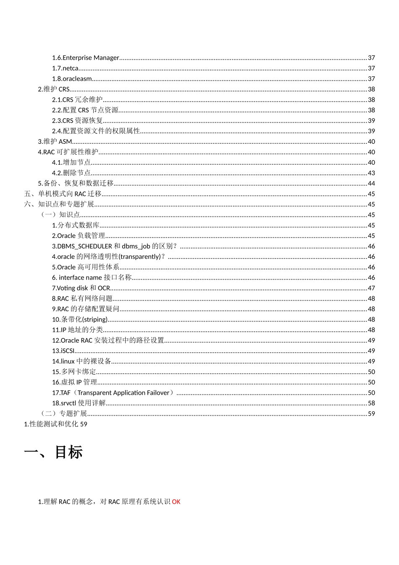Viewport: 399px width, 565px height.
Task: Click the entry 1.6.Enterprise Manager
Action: point(86,58)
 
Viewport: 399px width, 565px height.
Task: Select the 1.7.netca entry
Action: point(66,68)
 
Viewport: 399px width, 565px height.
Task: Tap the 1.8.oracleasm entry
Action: point(72,79)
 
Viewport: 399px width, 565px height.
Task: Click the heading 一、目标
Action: point(53,452)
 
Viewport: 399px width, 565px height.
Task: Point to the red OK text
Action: point(176,502)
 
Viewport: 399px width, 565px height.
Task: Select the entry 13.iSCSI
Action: point(63,351)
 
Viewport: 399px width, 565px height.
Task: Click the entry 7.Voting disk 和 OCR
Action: point(81,288)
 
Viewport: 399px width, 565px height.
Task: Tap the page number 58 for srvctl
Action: point(371,403)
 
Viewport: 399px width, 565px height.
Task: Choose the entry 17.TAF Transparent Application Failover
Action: point(113,393)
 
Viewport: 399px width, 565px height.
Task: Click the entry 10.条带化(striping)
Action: point(80,319)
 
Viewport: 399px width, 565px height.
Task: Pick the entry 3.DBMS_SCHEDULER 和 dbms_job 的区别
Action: point(114,246)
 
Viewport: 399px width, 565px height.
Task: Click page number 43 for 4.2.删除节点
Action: point(371,173)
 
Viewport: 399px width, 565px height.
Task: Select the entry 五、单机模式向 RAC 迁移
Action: point(63,194)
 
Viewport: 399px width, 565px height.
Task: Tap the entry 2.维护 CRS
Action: point(54,89)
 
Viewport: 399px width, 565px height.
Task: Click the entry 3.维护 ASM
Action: point(55,142)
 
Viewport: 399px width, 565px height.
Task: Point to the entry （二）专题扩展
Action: point(63,414)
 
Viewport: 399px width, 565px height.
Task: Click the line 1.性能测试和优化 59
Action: point(55,424)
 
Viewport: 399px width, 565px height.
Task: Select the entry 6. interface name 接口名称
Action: point(92,277)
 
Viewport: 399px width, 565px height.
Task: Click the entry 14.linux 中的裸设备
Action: point(81,361)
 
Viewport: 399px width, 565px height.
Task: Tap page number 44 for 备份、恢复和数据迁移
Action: point(371,183)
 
